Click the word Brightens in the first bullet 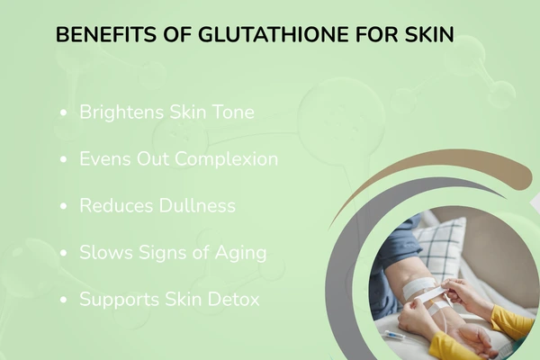(x=120, y=112)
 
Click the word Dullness (x=193, y=205)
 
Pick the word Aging (x=240, y=252)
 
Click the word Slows (x=103, y=252)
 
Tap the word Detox (x=233, y=299)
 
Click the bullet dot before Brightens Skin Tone (x=63, y=113)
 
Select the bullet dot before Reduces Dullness (x=63, y=206)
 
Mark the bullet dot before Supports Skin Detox (x=63, y=300)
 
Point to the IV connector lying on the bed (x=394, y=334)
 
